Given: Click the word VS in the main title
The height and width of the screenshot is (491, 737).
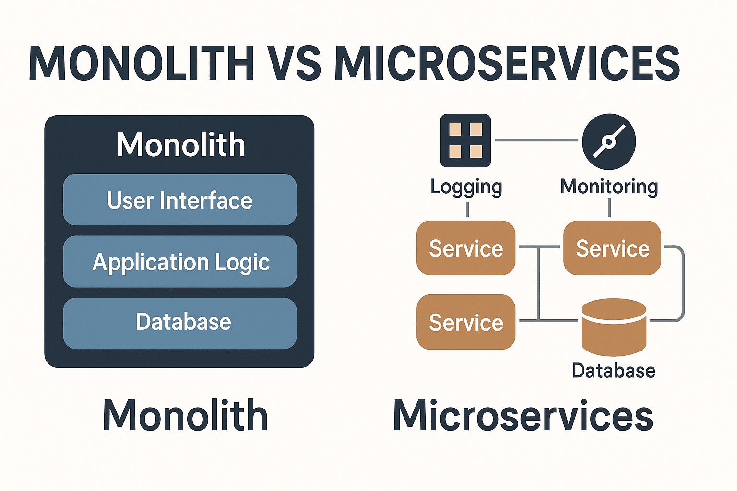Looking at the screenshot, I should [x=294, y=63].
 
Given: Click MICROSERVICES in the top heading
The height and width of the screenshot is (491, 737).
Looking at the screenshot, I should [x=507, y=63].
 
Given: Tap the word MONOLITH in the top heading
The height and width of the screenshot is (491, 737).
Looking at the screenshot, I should [x=142, y=63].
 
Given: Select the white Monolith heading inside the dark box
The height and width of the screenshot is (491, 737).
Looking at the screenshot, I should [x=180, y=145].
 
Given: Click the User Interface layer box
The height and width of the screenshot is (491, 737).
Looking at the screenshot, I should [x=180, y=200].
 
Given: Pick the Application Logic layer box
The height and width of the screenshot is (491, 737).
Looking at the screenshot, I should [x=180, y=262].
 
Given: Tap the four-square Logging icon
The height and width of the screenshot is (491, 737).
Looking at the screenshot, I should [x=465, y=140].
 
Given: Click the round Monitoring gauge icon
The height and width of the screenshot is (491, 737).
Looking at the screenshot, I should [x=609, y=141].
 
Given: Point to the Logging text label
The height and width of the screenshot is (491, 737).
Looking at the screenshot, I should [x=466, y=187].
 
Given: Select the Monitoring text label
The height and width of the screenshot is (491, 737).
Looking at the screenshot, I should [x=609, y=187].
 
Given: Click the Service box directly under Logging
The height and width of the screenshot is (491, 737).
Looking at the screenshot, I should [x=465, y=248].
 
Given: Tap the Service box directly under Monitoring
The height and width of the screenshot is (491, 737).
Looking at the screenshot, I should [x=612, y=248].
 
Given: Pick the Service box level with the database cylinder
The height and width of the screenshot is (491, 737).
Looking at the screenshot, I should [x=465, y=322].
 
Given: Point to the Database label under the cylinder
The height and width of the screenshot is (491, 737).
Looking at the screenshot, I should [x=613, y=371].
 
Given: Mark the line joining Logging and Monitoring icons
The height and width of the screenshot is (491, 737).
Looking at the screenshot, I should [x=536, y=140].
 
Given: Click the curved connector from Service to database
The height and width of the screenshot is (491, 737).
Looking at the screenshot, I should [x=682, y=283].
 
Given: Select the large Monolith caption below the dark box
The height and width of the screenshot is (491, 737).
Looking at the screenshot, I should [x=185, y=416].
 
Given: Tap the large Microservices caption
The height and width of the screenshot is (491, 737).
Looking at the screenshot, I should [x=523, y=416].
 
